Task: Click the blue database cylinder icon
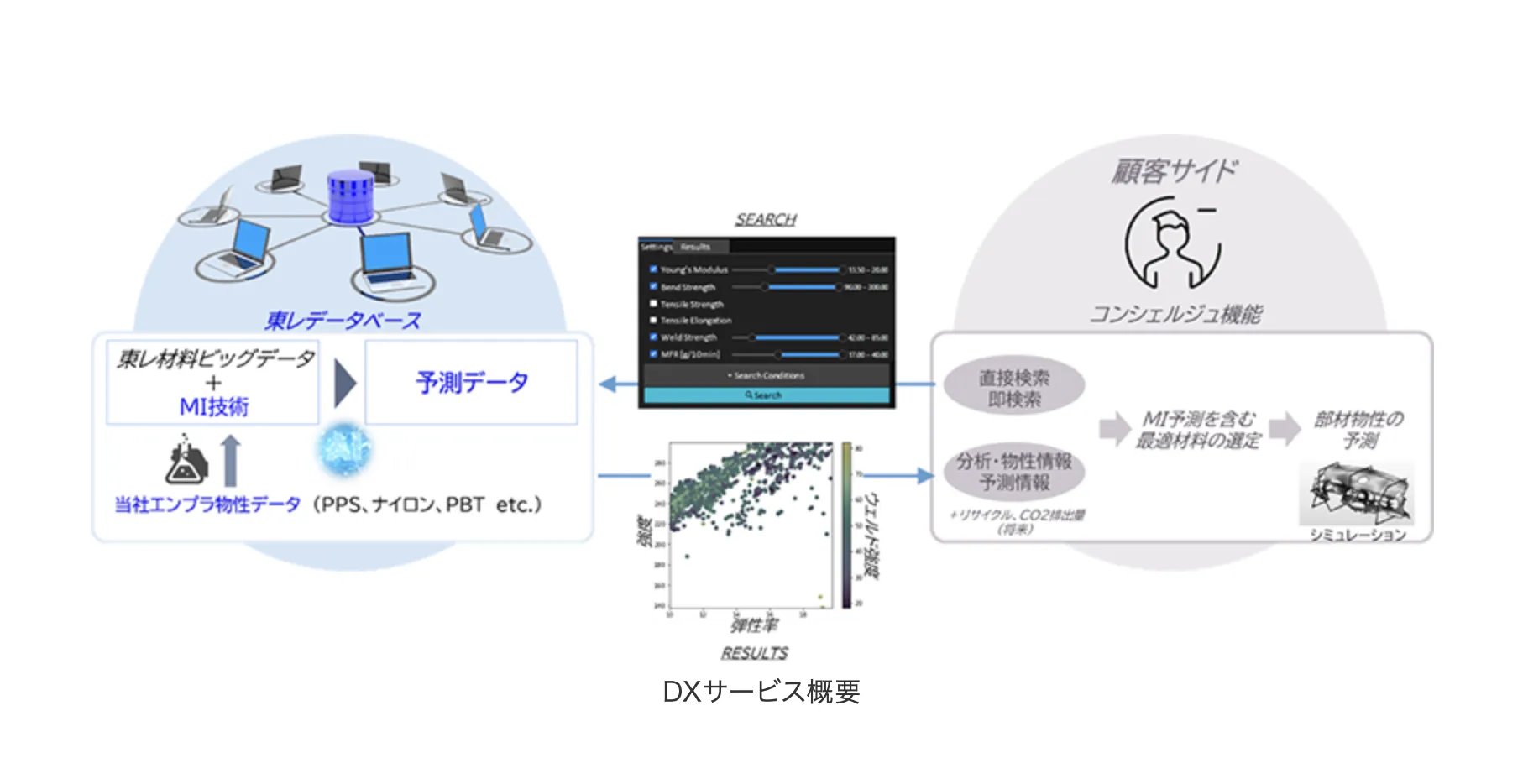click(x=349, y=198)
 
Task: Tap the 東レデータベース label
click(x=343, y=320)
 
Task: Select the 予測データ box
click(x=471, y=382)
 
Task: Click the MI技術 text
click(x=213, y=406)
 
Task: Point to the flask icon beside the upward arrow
click(x=186, y=460)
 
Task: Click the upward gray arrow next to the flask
click(x=231, y=460)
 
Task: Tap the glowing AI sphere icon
click(x=344, y=448)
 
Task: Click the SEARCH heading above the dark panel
click(x=766, y=219)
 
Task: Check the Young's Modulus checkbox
click(x=653, y=269)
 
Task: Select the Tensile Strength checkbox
click(x=653, y=304)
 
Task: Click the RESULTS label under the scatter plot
click(x=754, y=652)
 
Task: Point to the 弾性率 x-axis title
click(x=753, y=625)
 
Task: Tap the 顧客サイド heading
click(x=1174, y=170)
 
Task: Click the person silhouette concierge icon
click(x=1172, y=243)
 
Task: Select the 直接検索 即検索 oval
click(x=1014, y=388)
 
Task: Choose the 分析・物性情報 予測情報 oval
click(x=1014, y=472)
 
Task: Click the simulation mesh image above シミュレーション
click(x=1355, y=494)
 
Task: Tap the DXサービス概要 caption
click(x=761, y=692)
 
